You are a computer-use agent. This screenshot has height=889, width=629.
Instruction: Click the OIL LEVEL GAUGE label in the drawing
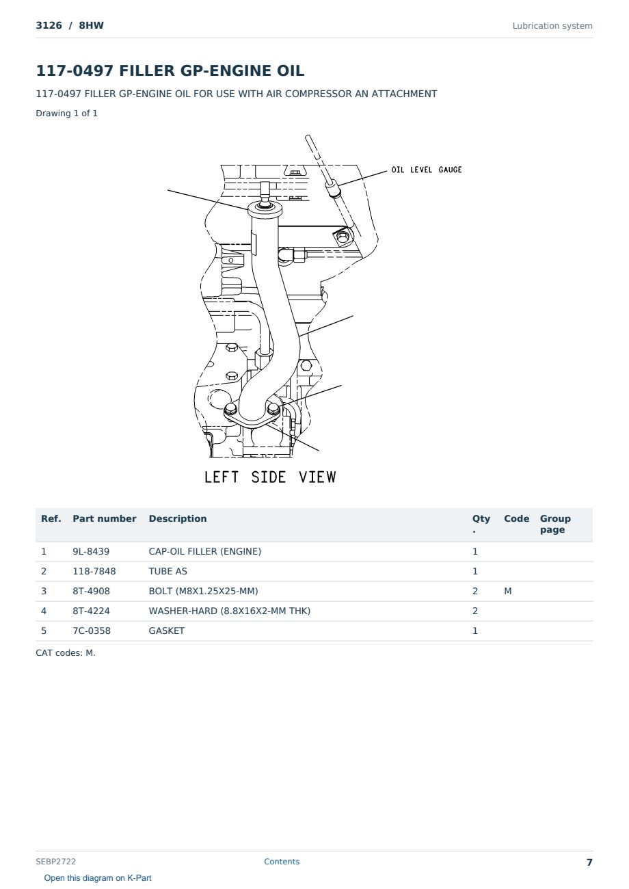[427, 170]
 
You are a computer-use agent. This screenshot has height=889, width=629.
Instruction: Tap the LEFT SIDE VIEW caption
[270, 477]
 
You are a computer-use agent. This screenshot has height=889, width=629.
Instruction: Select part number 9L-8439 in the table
[91, 551]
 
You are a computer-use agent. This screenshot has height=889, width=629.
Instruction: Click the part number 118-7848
[94, 571]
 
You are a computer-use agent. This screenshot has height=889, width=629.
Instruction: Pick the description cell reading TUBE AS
[168, 571]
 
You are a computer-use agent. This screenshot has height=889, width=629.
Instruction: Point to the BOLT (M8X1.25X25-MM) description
[203, 591]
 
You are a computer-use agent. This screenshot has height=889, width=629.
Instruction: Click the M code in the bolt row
[507, 591]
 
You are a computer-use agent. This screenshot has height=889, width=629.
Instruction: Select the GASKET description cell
[167, 631]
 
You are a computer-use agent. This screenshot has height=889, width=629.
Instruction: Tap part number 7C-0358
[92, 631]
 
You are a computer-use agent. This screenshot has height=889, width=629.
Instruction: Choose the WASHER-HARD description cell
[229, 611]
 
